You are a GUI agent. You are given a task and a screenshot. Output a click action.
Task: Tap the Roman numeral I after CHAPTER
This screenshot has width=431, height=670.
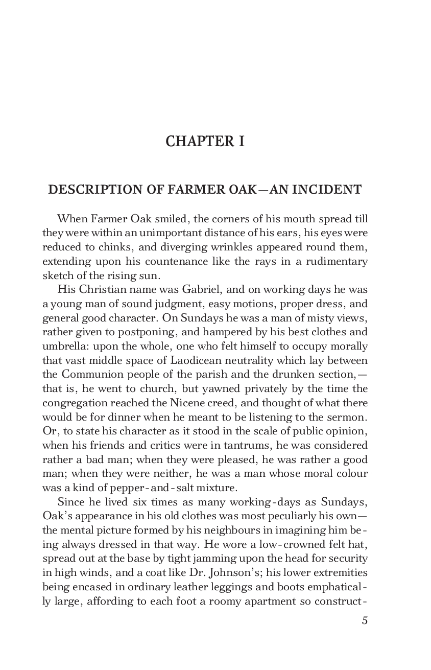241,141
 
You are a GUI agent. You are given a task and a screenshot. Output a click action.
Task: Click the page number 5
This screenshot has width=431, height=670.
364,620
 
